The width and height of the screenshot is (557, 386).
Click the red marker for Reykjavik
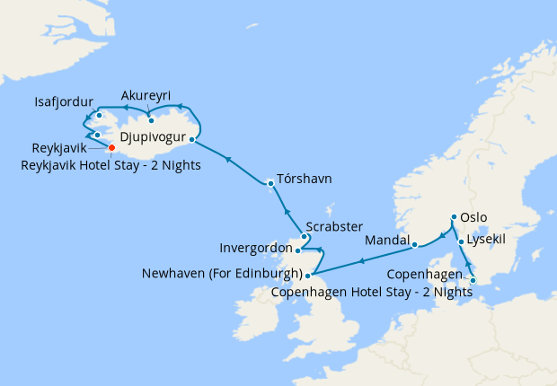[x=111, y=148]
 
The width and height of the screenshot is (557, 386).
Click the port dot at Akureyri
[x=151, y=120]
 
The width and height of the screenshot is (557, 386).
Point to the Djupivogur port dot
[x=192, y=139]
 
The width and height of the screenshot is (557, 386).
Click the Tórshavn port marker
[x=270, y=183]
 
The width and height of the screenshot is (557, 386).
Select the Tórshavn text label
[x=305, y=179]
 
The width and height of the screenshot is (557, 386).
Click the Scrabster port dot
[x=304, y=237]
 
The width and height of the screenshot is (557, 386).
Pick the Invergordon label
[x=256, y=248]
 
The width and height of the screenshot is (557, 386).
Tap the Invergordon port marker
[x=298, y=251]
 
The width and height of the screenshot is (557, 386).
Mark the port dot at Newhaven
[x=308, y=276]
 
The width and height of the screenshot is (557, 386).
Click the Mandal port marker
[x=414, y=243]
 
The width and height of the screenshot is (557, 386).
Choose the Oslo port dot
[x=454, y=217]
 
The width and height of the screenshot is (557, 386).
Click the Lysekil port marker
[x=461, y=241]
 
